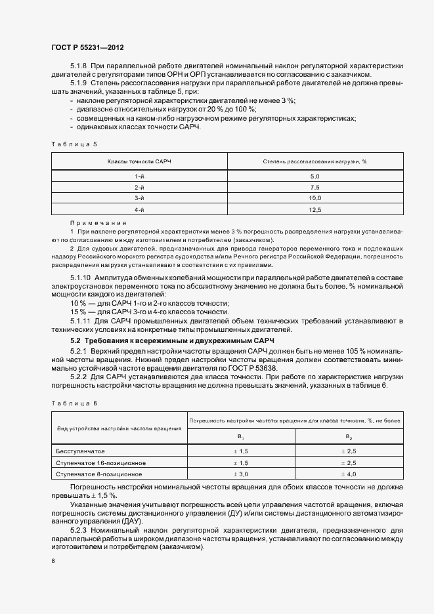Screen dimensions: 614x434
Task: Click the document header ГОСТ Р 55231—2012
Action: [x=87, y=48]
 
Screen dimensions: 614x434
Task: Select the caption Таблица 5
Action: [x=73, y=142]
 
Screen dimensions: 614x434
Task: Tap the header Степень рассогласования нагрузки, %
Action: [x=315, y=161]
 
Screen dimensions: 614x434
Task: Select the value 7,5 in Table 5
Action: [x=315, y=188]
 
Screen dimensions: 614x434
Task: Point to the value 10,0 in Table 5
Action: [x=315, y=198]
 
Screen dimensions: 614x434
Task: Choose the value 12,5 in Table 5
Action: [x=315, y=209]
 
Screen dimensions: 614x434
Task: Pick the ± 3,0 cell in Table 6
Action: [x=242, y=473]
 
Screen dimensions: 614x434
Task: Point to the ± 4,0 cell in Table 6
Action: [x=349, y=473]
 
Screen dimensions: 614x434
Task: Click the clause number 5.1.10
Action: [x=81, y=279]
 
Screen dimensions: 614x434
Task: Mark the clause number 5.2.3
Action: [x=79, y=528]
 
